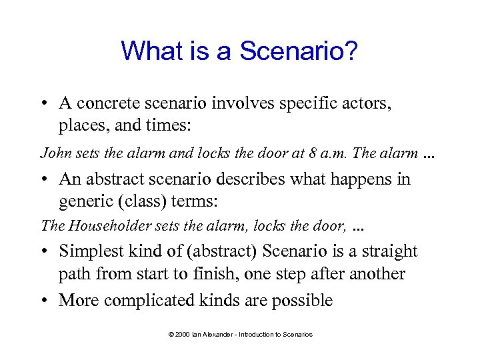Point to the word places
click(81, 125)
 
